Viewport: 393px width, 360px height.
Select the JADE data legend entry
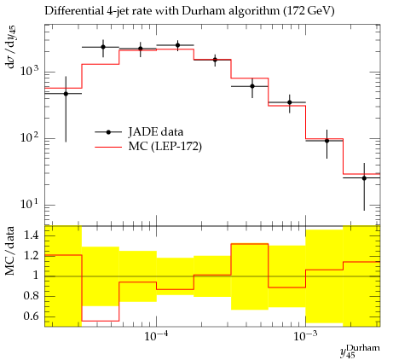[139, 132]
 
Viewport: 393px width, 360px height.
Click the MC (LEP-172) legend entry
[148, 147]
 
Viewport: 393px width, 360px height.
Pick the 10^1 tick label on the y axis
[31, 203]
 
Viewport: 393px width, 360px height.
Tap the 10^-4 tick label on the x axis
[155, 335]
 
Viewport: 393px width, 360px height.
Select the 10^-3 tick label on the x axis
[305, 335]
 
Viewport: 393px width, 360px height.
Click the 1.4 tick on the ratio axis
[32, 235]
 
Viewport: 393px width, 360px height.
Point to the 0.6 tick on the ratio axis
[32, 316]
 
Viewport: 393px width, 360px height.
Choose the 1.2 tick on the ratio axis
[32, 255]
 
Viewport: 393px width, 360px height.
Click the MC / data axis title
[10, 251]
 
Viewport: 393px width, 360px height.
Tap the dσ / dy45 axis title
[11, 47]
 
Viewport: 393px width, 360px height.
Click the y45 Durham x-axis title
[360, 351]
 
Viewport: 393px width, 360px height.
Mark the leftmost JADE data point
[66, 94]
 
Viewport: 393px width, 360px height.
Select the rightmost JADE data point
[364, 178]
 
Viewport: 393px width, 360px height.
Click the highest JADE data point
[177, 45]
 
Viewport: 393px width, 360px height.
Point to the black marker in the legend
[108, 132]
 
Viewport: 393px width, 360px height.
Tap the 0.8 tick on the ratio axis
[32, 296]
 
